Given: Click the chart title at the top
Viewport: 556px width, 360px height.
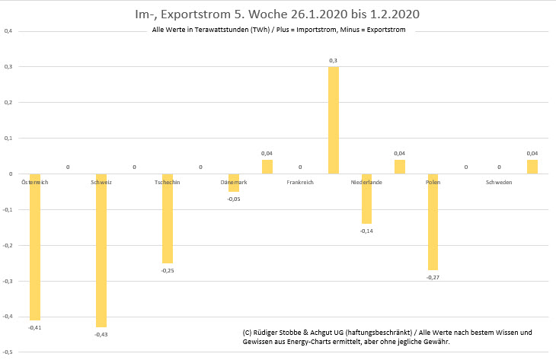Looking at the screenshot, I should tap(278, 14).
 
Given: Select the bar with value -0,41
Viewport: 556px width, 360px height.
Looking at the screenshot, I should tap(34, 247).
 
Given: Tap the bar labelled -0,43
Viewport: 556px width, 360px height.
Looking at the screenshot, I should tap(101, 251).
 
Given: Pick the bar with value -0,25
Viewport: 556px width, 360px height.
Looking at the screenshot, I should tap(168, 219).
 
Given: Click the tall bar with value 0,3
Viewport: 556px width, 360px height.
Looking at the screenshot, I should tap(334, 120).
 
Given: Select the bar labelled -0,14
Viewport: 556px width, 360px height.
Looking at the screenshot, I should tap(366, 199).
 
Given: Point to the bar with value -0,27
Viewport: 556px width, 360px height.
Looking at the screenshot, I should tap(433, 222).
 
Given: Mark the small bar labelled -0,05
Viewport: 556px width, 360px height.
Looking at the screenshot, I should tap(234, 183).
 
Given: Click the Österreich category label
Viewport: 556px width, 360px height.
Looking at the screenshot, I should tap(34, 183).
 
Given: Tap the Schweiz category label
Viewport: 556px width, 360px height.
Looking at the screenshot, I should tap(101, 183).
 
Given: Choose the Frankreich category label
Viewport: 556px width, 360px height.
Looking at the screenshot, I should tap(300, 183).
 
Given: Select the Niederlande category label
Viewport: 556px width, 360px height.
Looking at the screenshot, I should tap(366, 183).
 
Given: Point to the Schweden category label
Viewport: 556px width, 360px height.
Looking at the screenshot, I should tap(499, 183).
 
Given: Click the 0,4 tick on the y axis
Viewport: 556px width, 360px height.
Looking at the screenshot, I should tap(8, 31).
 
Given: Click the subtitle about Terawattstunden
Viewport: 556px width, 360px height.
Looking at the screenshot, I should tap(279, 30).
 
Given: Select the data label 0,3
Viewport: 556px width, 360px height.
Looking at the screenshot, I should tap(334, 60).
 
